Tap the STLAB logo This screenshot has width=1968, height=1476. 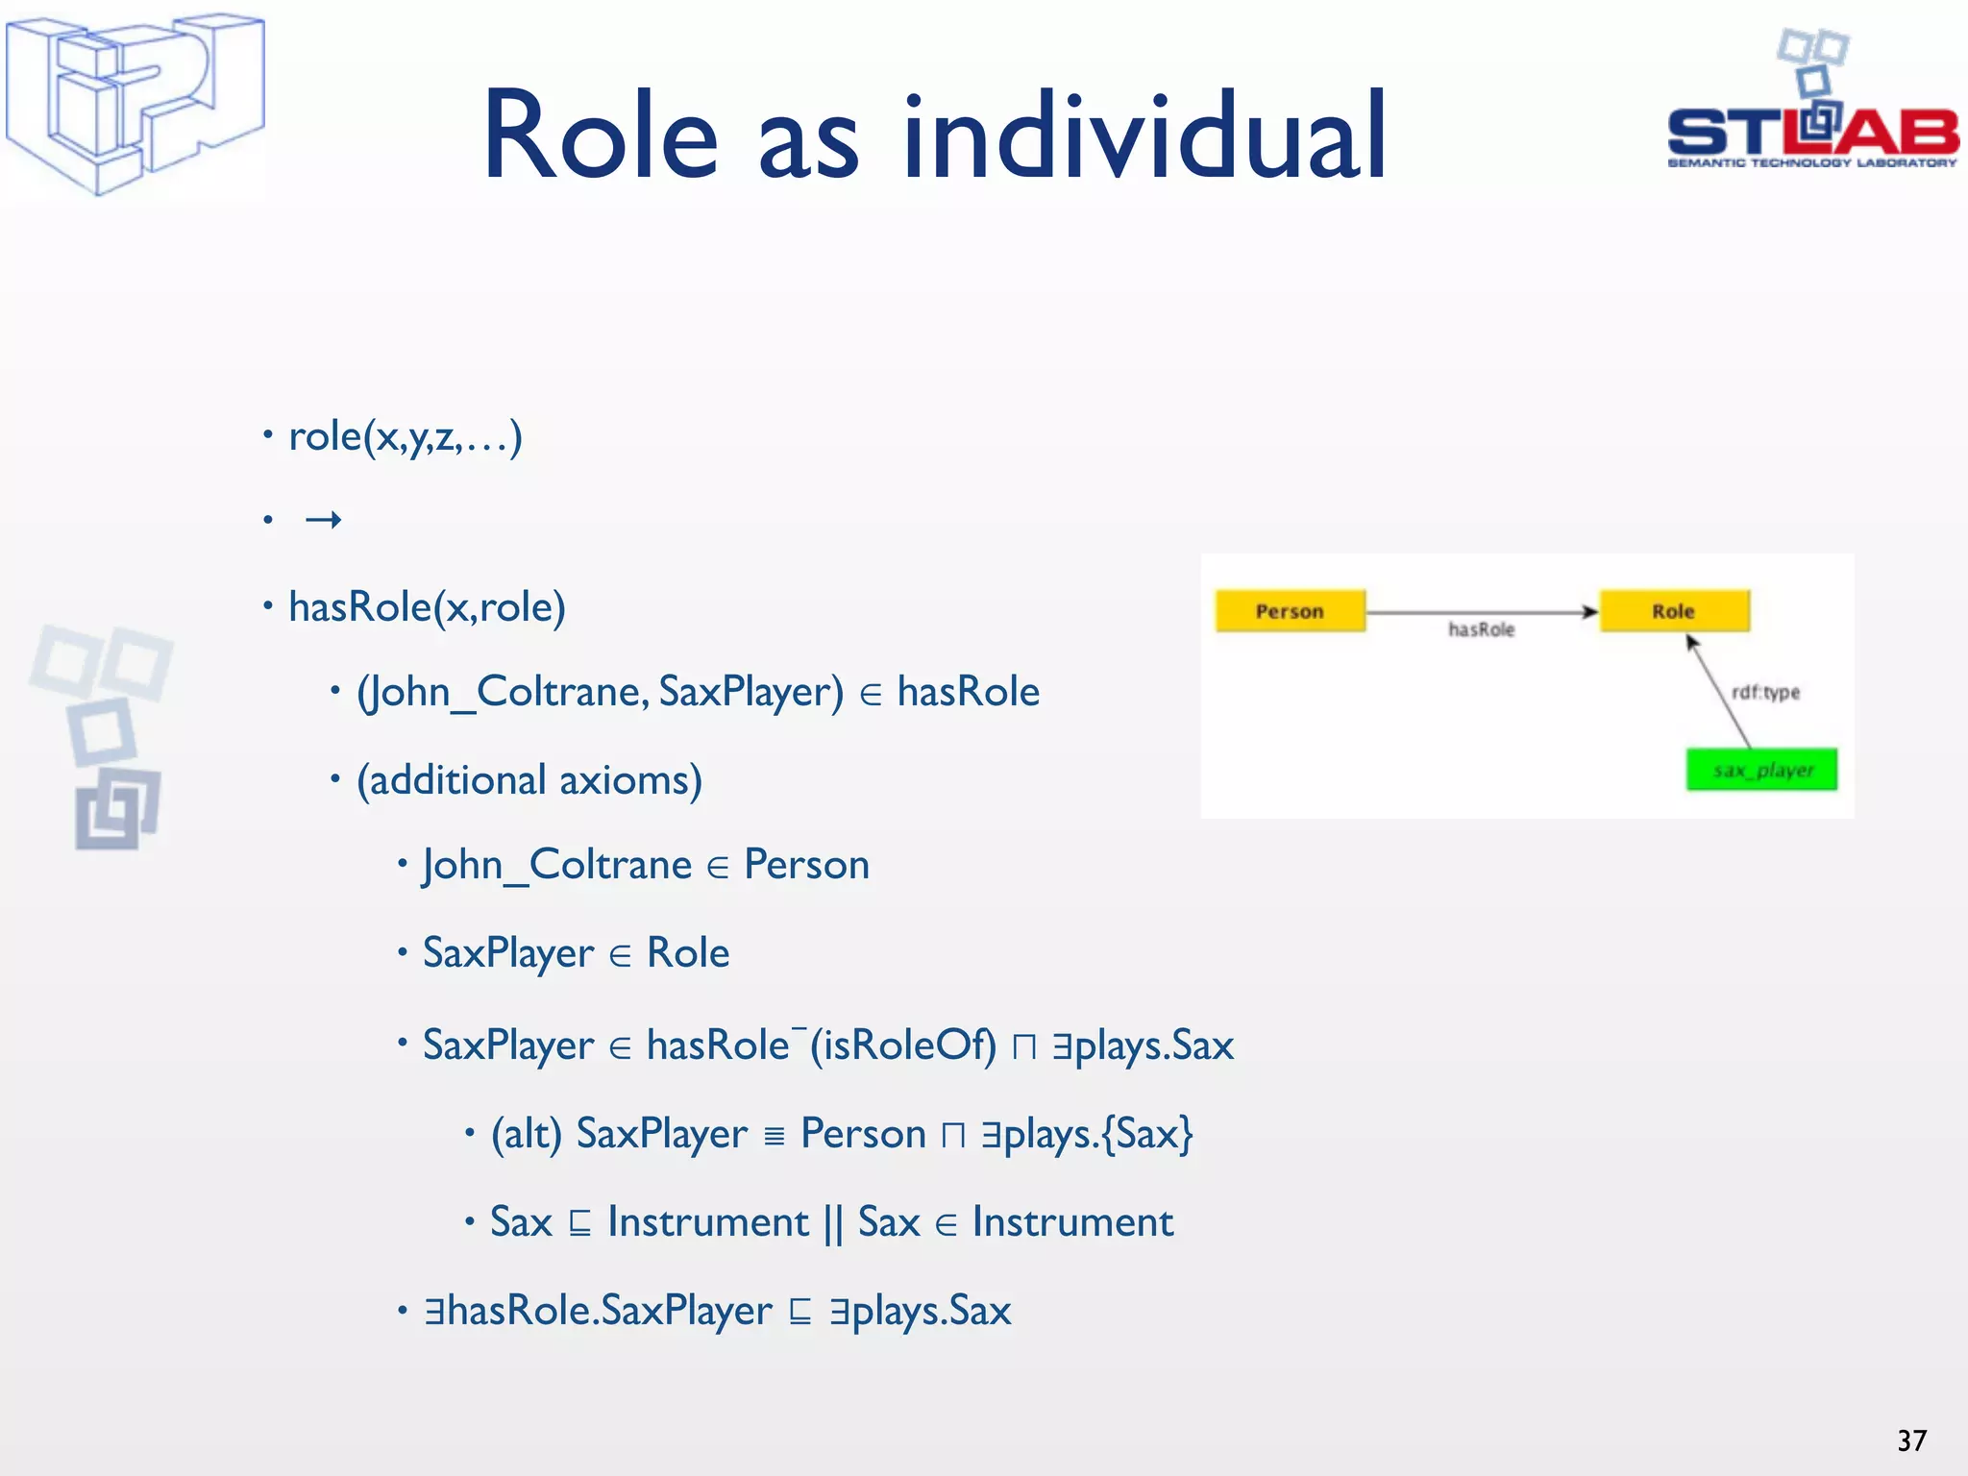(x=1812, y=115)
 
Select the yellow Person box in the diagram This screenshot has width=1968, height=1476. (x=1290, y=611)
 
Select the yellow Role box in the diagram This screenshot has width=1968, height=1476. (x=1674, y=611)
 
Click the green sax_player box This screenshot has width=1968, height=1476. (x=1761, y=770)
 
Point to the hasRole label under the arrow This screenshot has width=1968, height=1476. (x=1481, y=629)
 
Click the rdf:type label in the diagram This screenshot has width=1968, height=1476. (x=1765, y=692)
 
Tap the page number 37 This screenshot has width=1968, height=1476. (x=1911, y=1440)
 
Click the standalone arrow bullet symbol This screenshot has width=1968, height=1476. (x=323, y=521)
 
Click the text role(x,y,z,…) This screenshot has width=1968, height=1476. (x=405, y=437)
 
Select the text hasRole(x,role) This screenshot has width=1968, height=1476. (x=427, y=607)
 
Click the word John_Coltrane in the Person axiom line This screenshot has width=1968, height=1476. (x=557, y=865)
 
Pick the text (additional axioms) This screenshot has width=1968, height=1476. (x=529, y=780)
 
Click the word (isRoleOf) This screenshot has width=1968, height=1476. (x=903, y=1045)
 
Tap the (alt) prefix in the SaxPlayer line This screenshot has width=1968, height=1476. (x=526, y=1134)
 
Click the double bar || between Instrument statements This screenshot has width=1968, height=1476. (x=833, y=1223)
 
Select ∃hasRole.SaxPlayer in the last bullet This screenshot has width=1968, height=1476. (x=598, y=1311)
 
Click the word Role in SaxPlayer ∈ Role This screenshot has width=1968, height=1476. (x=688, y=953)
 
